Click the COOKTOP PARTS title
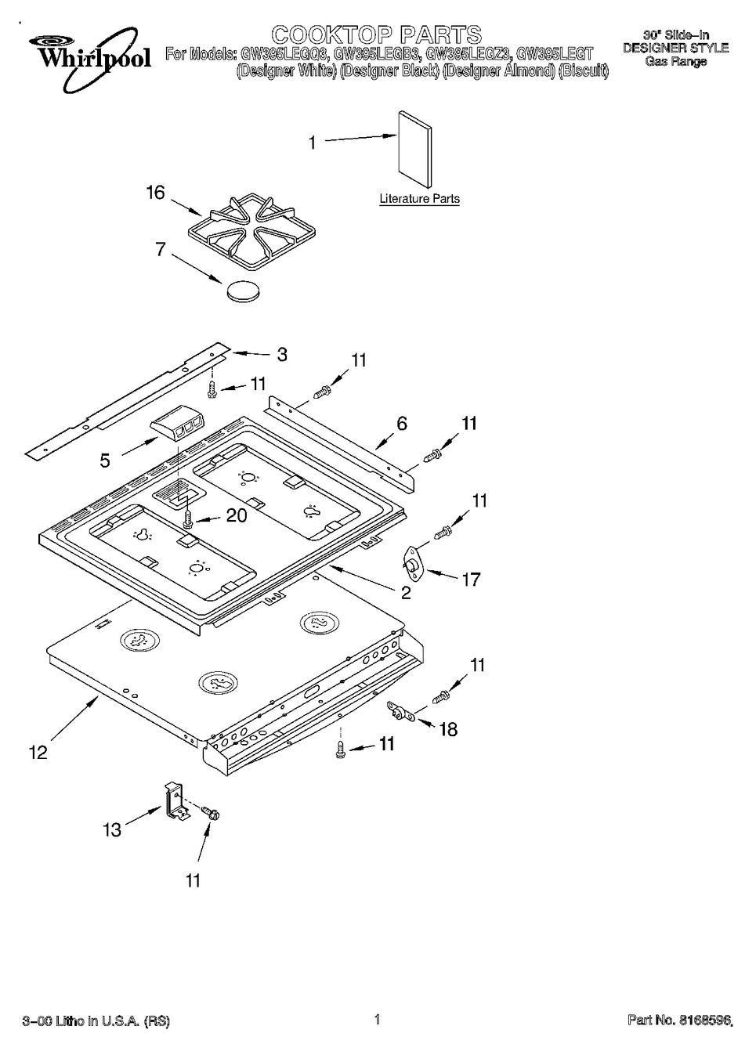pos(376,34)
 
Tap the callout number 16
pos(155,192)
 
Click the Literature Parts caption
pos(419,199)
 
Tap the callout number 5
pos(105,461)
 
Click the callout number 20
pos(236,515)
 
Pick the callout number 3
pos(281,354)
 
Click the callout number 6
pos(402,424)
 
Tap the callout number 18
pos(448,728)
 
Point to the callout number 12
pos(37,752)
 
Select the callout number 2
pos(405,593)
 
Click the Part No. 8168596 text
pos(679,1020)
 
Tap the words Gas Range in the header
pos(675,61)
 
